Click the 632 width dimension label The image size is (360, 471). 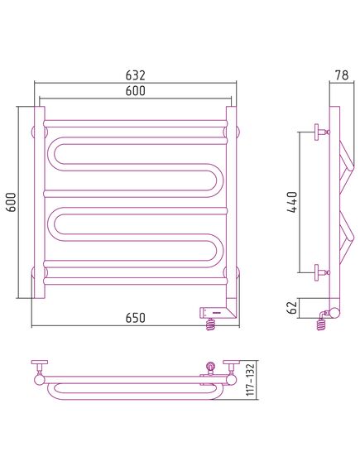(x=135, y=75)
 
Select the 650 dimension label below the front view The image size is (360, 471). (x=135, y=318)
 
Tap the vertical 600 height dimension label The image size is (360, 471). (x=12, y=202)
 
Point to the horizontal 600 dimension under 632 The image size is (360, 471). (x=135, y=91)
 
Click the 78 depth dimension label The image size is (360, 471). (x=342, y=75)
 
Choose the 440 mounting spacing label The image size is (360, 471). (x=292, y=202)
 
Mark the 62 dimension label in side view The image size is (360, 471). (x=292, y=307)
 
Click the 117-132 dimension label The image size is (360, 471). (x=250, y=379)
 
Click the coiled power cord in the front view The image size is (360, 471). (x=211, y=324)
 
